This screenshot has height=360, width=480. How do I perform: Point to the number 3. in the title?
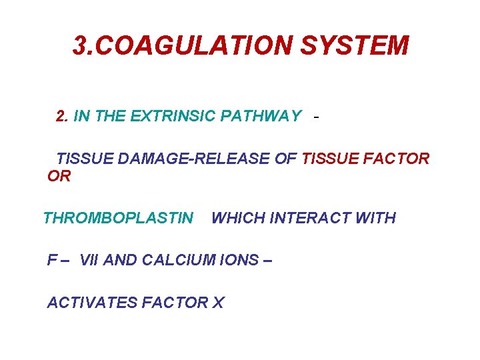pyautogui.click(x=83, y=46)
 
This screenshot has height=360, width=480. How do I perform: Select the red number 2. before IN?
pyautogui.click(x=63, y=117)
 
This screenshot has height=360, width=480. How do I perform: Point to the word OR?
pyautogui.click(x=59, y=177)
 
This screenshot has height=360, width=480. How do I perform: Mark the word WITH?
pyautogui.click(x=377, y=218)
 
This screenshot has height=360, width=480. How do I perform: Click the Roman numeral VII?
pyautogui.click(x=89, y=260)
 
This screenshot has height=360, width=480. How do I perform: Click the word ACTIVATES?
pyautogui.click(x=92, y=303)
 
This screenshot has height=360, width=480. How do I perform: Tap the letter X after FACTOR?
pyautogui.click(x=218, y=303)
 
